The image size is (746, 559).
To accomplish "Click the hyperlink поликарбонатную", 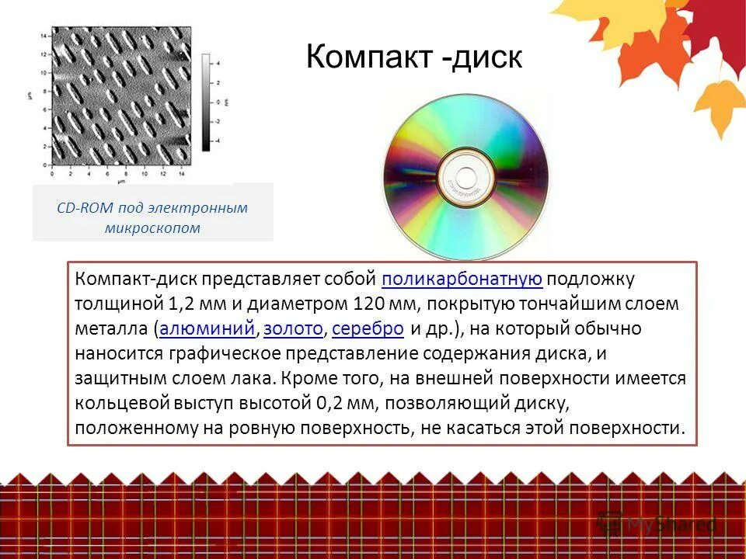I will (462, 279).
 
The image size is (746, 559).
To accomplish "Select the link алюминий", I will (207, 328).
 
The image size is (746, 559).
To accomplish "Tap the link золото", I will (293, 328).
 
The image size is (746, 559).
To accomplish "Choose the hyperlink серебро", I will (368, 328).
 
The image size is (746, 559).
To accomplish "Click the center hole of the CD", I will (465, 175).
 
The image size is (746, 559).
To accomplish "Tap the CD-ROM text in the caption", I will (85, 207).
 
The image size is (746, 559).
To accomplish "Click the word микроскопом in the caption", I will (152, 227).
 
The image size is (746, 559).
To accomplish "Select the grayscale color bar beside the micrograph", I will (205, 101).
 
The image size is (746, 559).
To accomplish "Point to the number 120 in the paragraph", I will (368, 304).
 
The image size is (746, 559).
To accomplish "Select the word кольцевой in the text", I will (115, 403).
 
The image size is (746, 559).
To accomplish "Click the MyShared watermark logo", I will (657, 524).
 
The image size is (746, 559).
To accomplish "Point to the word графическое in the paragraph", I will (225, 353).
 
